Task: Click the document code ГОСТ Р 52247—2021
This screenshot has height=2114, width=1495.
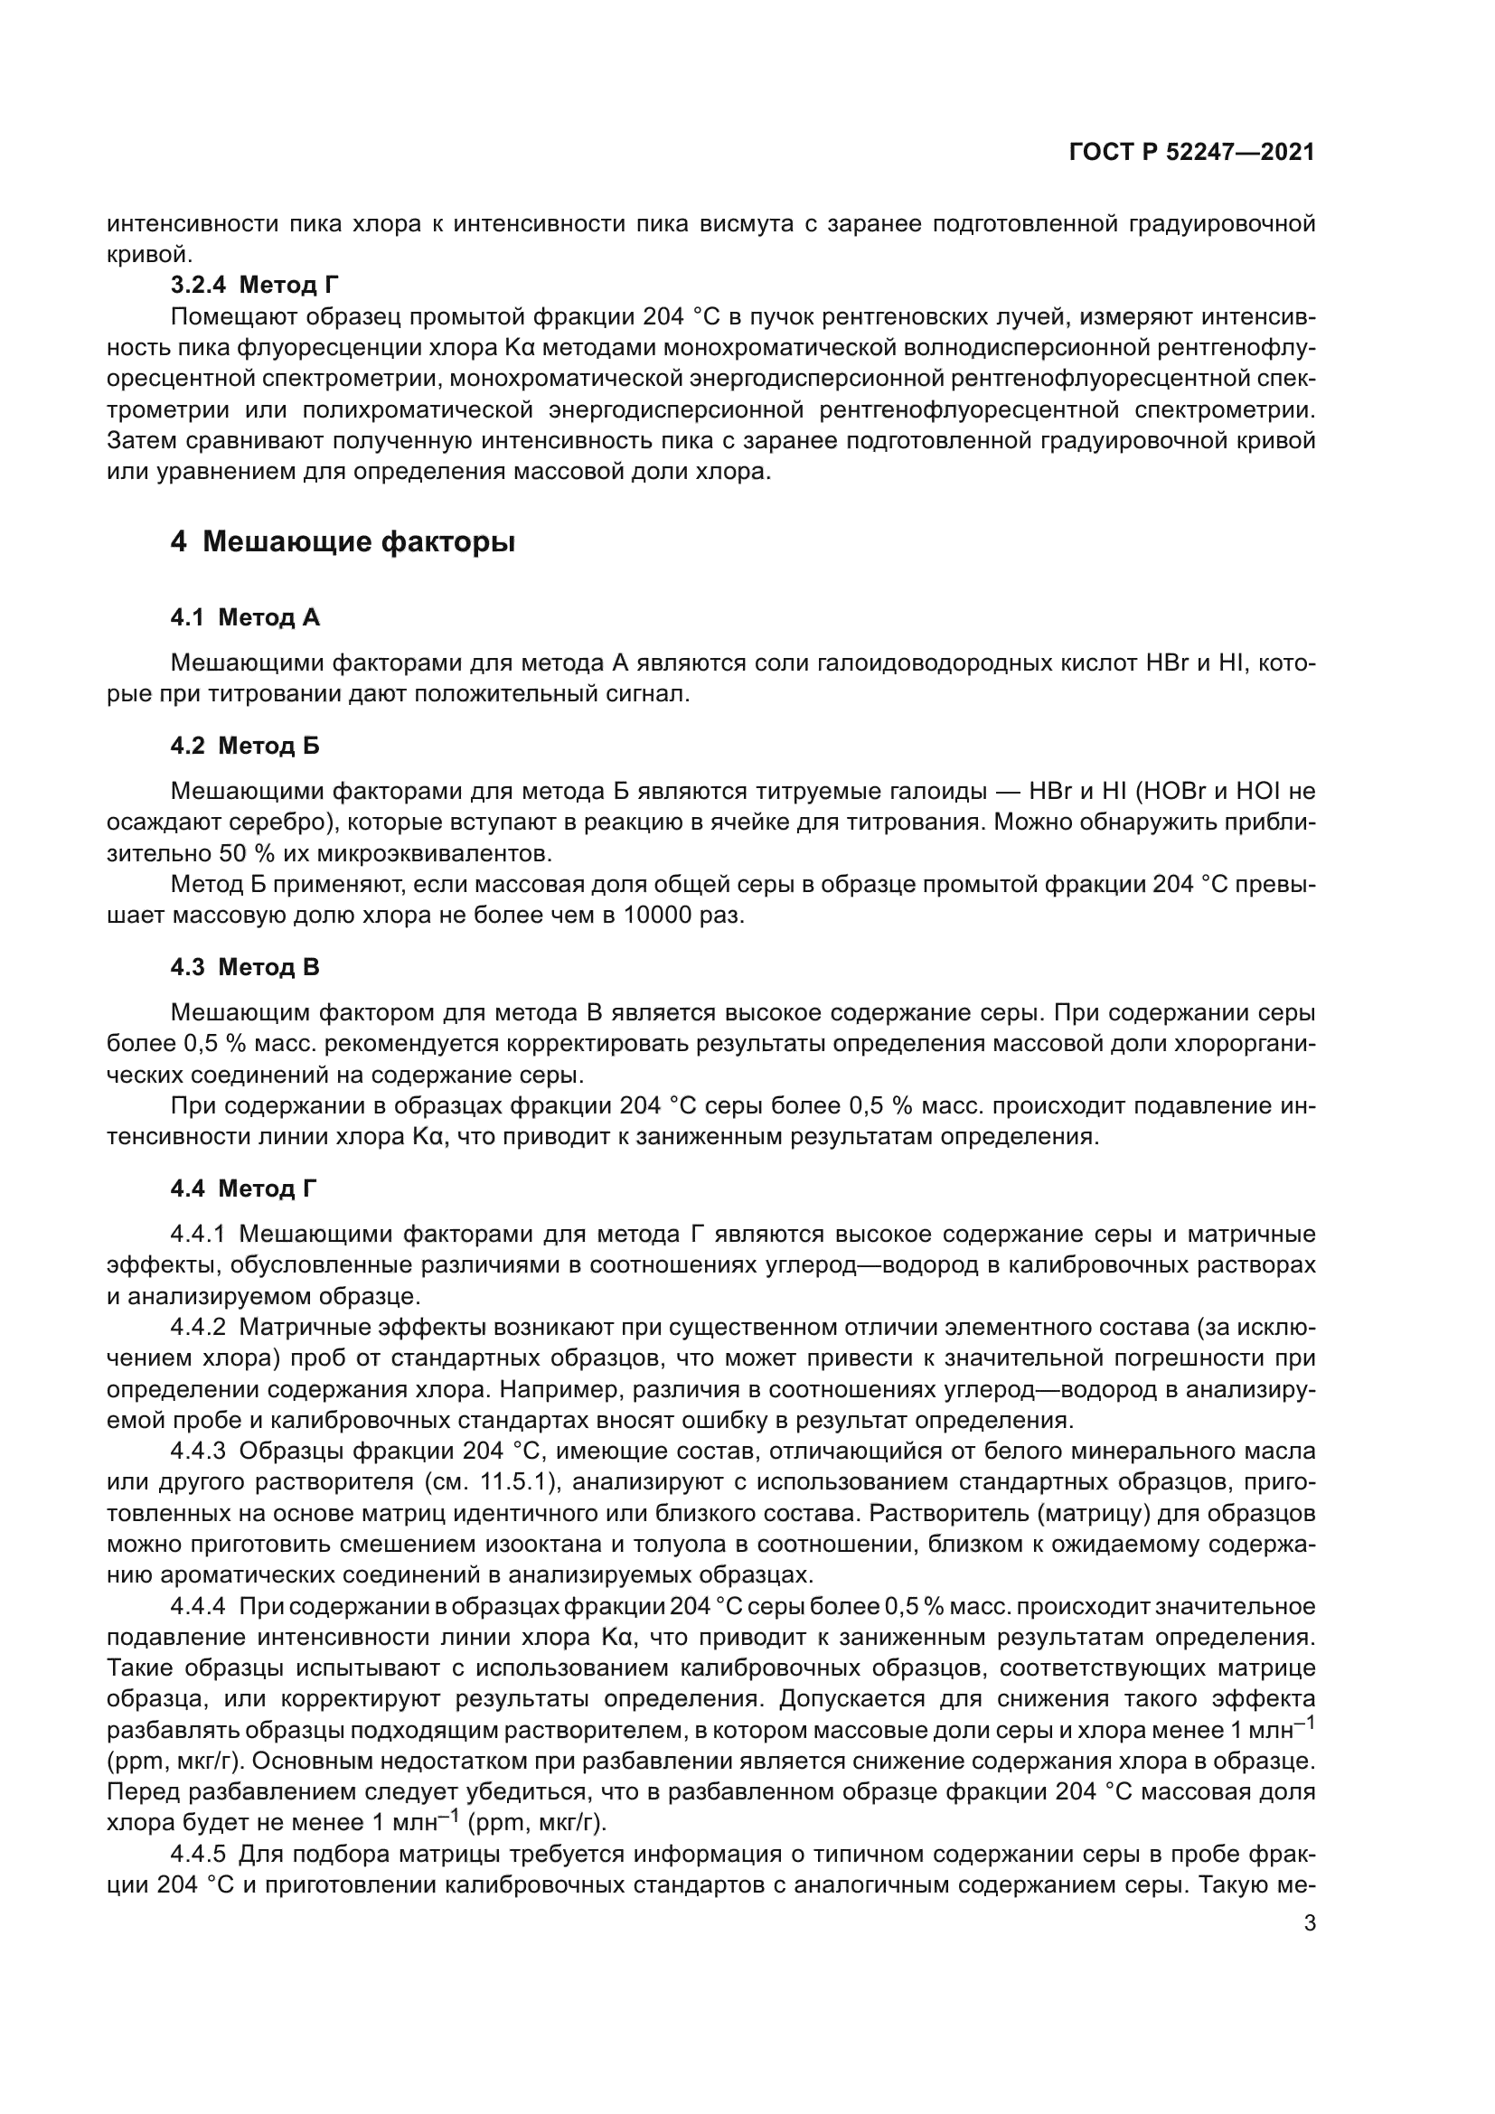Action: tap(1191, 153)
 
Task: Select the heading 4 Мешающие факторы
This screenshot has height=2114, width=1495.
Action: tap(343, 542)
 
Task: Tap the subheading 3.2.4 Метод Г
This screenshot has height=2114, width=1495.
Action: tap(256, 286)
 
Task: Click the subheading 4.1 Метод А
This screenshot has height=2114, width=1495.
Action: tap(245, 618)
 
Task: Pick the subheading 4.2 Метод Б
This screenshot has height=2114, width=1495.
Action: tap(245, 746)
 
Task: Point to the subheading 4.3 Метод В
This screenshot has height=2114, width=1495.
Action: tap(245, 968)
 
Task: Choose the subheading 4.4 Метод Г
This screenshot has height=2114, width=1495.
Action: tap(244, 1189)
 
